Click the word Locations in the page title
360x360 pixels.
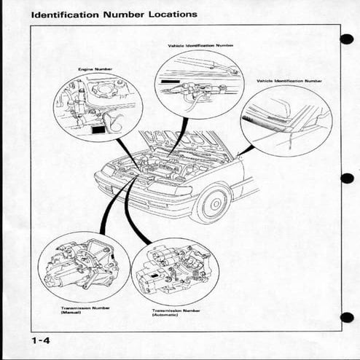pyautogui.click(x=168, y=13)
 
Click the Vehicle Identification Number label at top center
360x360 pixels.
pyautogui.click(x=200, y=45)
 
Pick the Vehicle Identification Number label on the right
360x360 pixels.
pyautogui.click(x=289, y=81)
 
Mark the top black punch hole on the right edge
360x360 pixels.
pyautogui.click(x=347, y=39)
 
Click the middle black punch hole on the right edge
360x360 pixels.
pyautogui.click(x=347, y=178)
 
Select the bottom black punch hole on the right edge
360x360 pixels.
pyautogui.click(x=347, y=317)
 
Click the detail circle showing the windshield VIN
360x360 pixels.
pyautogui.click(x=286, y=120)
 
